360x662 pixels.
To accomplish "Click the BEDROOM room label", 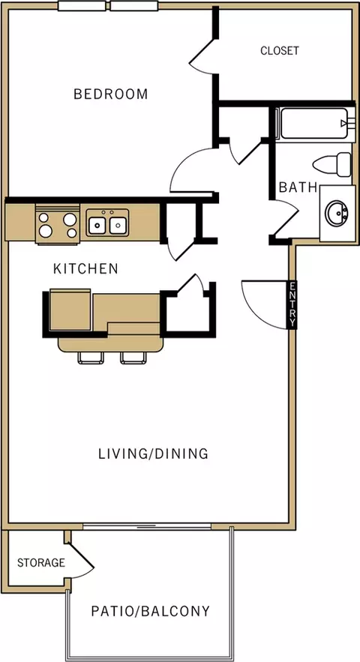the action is coord(111,94).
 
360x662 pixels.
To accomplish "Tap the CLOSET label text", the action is coord(280,51).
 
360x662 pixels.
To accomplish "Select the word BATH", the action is coord(298,187).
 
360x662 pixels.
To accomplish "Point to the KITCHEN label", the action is coord(85,268).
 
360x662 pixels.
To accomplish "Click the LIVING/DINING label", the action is coord(154,454).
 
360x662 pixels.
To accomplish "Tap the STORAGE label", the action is coord(41,563).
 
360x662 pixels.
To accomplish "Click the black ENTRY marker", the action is coord(292,304).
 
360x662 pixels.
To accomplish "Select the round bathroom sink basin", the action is coord(336,213).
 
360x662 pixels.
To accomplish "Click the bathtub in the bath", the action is coord(312,123).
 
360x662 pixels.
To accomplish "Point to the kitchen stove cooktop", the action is coord(58,224).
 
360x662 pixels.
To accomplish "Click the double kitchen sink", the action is coord(108,223).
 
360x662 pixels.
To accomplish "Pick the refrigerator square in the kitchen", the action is coord(70,310).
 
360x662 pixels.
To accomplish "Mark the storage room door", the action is coord(80,558).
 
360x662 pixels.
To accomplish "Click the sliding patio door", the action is coord(147,526).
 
